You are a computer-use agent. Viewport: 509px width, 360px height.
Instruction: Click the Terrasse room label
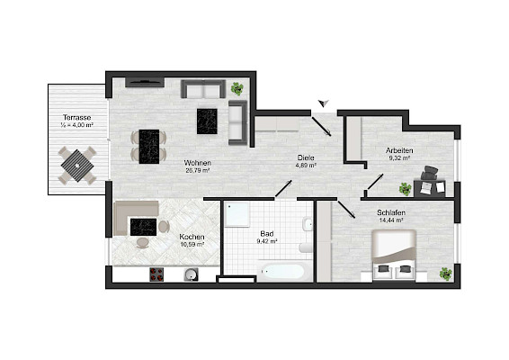[77, 117]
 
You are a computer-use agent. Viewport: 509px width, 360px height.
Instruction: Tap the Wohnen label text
[197, 163]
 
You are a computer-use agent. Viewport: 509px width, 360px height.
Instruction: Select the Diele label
[306, 157]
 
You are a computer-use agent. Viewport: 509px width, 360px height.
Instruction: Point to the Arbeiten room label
[399, 151]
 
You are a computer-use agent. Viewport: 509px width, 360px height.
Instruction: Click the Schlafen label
[391, 212]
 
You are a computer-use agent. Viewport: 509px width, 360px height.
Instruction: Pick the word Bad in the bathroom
[267, 234]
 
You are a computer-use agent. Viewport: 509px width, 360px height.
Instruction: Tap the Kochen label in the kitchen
[192, 238]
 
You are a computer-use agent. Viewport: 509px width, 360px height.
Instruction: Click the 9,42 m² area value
[267, 241]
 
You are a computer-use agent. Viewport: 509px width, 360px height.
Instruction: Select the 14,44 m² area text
[391, 220]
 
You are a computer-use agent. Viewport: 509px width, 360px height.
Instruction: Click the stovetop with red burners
[156, 274]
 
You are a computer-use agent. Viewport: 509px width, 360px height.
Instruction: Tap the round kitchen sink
[192, 274]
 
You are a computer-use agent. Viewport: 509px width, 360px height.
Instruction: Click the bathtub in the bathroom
[282, 272]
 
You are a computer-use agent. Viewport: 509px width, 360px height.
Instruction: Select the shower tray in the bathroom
[237, 214]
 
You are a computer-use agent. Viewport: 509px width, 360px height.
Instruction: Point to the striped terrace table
[77, 166]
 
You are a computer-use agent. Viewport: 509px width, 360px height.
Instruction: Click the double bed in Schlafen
[394, 255]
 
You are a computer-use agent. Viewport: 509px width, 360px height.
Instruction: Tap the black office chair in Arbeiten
[430, 172]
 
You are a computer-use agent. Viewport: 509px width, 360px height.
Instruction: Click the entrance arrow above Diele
[324, 103]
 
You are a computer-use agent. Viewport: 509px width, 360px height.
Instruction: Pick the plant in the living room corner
[237, 88]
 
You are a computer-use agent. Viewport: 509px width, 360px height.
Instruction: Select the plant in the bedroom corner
[446, 274]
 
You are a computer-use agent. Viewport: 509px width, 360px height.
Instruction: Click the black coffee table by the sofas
[207, 121]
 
